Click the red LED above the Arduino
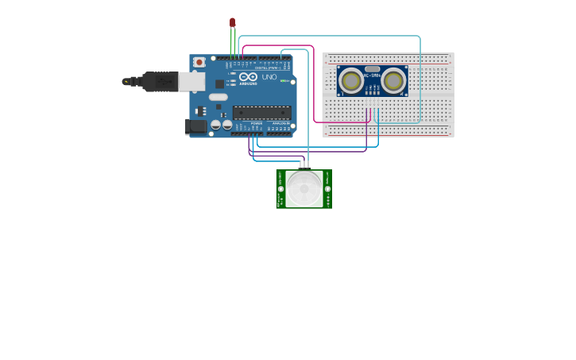click(x=232, y=22)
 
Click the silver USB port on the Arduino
click(x=191, y=81)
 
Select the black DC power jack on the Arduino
click(x=196, y=126)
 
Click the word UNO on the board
click(x=269, y=77)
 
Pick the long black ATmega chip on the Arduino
click(x=261, y=113)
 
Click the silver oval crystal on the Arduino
click(x=218, y=97)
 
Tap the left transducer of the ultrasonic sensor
click(x=352, y=80)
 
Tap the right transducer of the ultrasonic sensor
click(x=392, y=80)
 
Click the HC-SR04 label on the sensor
click(x=372, y=75)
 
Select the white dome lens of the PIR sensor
click(x=304, y=189)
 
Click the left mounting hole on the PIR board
click(x=280, y=189)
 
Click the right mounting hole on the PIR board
click(x=327, y=189)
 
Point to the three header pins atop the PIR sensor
click(x=304, y=166)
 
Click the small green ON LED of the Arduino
click(x=282, y=80)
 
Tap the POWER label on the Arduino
click(x=256, y=124)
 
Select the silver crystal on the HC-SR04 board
click(x=372, y=70)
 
